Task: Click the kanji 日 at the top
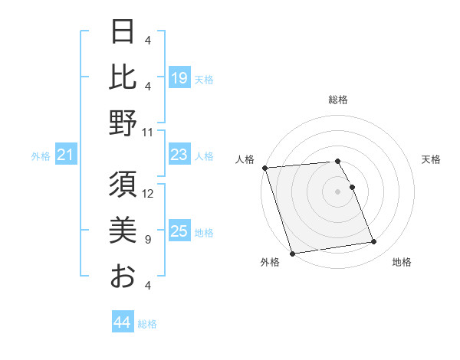(123, 32)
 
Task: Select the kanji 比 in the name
(123, 77)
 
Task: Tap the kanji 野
(123, 123)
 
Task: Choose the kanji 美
(123, 231)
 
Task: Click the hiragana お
(123, 276)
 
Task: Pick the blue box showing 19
(179, 77)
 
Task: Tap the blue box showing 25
(179, 232)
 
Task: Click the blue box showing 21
(66, 156)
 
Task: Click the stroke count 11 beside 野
(149, 131)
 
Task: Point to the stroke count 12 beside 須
(149, 193)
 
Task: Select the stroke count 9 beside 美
(148, 240)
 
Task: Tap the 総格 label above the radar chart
(338, 100)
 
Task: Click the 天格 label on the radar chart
(431, 159)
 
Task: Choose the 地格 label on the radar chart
(402, 263)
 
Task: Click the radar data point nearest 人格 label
(264, 168)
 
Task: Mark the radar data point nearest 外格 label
(292, 254)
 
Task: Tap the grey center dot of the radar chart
(338, 191)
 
